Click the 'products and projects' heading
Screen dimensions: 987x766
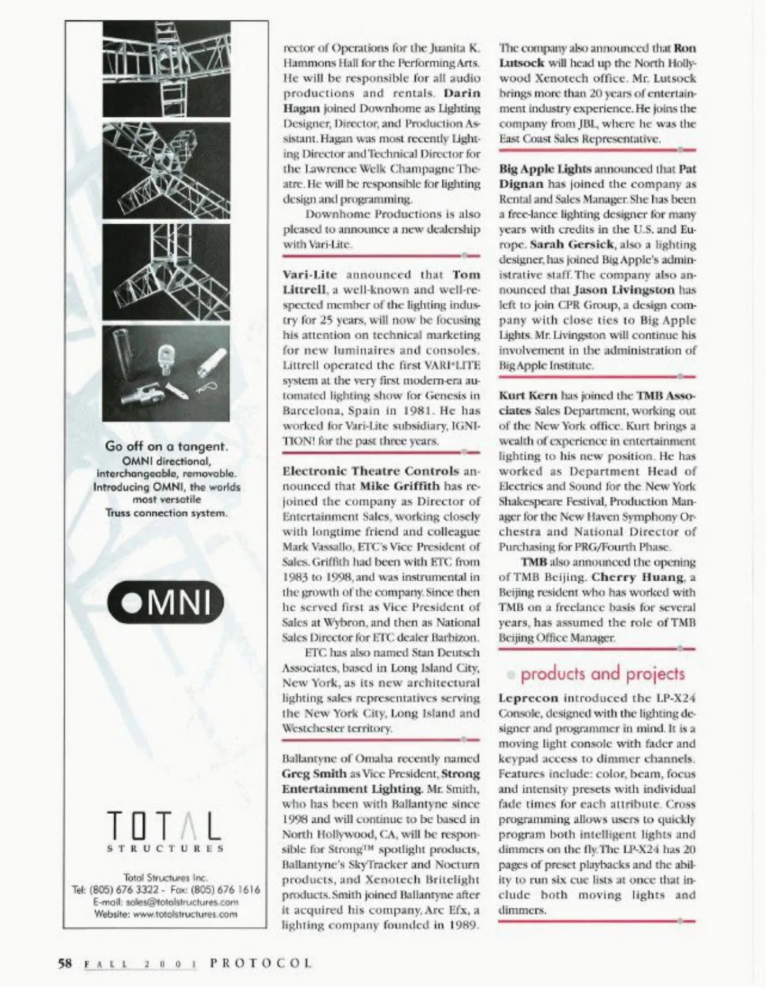coord(603,674)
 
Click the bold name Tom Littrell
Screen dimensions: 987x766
coord(466,275)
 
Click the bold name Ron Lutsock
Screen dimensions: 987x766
coord(685,48)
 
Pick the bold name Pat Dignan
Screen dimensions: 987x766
coord(687,169)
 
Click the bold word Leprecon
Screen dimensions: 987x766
coord(528,698)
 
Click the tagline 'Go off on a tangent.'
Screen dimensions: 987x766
coord(166,447)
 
